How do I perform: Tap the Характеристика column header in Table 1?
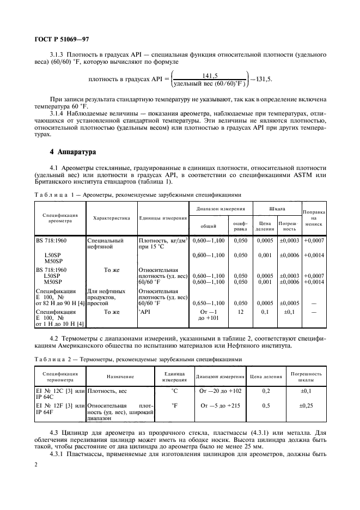point(111,218)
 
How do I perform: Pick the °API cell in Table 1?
point(144,312)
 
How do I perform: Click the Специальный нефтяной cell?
point(105,243)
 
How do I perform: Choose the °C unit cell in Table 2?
point(175,391)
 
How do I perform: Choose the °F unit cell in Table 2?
point(175,406)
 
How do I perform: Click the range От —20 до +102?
point(219,391)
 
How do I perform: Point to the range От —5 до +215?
point(219,406)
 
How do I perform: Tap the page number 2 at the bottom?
point(36,464)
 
